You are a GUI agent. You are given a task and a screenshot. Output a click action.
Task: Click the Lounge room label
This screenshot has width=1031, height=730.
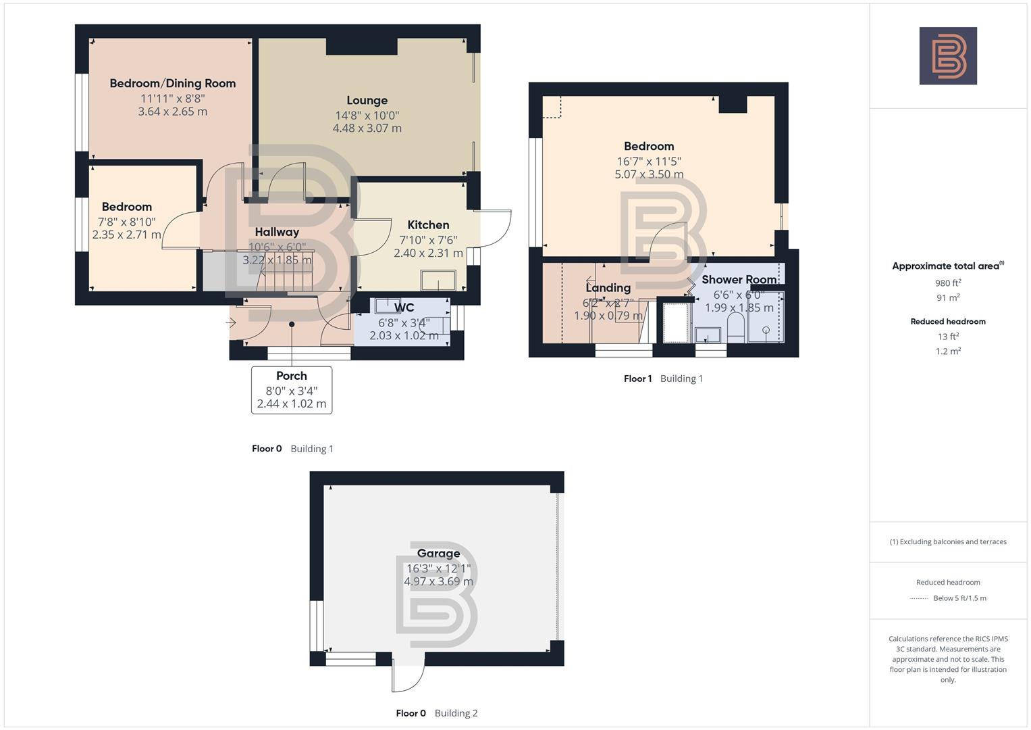tap(367, 100)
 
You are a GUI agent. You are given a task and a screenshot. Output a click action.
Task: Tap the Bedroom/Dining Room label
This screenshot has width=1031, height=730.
tap(173, 83)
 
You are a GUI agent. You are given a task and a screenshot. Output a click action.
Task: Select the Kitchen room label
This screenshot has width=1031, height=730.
tap(428, 224)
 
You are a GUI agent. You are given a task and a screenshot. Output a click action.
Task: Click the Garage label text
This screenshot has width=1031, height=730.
tap(438, 553)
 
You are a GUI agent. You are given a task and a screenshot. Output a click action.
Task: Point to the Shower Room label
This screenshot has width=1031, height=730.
tap(739, 279)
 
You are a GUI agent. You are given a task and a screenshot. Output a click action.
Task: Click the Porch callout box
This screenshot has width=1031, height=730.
tap(292, 389)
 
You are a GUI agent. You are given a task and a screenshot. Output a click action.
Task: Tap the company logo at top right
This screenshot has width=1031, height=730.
tap(948, 55)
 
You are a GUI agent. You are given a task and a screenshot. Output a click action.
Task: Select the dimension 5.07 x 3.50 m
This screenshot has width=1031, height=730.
tap(649, 174)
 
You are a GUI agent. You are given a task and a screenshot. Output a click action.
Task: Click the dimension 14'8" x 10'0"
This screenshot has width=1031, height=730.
tap(367, 115)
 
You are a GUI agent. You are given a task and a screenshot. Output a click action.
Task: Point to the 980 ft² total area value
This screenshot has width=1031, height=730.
tap(948, 283)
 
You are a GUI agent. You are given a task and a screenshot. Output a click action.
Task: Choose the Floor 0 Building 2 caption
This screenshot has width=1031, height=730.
tap(436, 713)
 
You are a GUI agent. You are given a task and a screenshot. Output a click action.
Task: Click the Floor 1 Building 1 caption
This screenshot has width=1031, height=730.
tap(663, 379)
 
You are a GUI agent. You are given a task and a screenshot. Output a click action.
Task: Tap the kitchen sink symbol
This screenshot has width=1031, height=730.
tap(438, 279)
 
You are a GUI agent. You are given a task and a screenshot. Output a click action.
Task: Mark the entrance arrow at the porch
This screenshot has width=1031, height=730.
tap(231, 323)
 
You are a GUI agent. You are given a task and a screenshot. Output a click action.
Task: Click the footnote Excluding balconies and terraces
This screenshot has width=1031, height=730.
tap(948, 541)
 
